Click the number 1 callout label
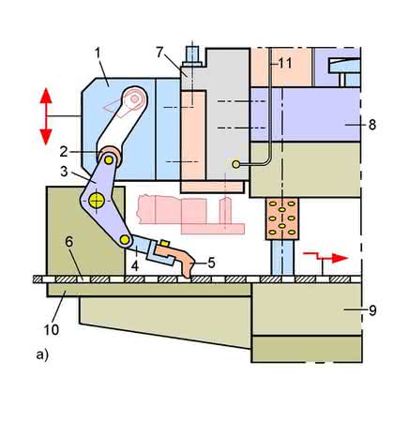click(98, 53)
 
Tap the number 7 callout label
click(159, 53)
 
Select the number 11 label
click(285, 64)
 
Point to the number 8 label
click(372, 125)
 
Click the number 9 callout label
click(372, 310)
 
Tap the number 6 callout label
click(68, 242)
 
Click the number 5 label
click(211, 263)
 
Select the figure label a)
click(42, 355)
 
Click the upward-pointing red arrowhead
click(46, 96)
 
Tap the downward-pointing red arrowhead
click(46, 137)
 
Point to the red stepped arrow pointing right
click(326, 257)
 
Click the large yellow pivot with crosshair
click(97, 201)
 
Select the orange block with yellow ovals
click(282, 219)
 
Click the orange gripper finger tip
click(187, 275)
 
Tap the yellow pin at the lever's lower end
click(125, 240)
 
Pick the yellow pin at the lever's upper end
click(109, 160)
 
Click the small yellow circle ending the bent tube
click(236, 164)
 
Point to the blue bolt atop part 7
click(192, 54)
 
